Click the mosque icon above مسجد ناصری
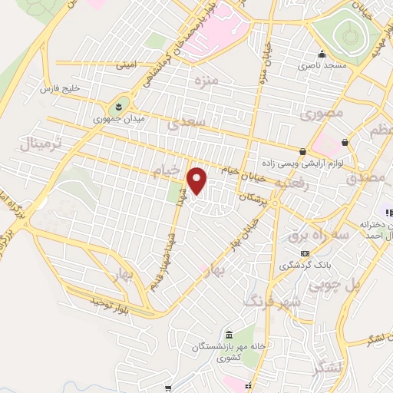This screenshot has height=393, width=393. pos(322,55)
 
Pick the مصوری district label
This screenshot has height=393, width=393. pos(320,115)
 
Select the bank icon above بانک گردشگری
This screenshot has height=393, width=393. pos(305,253)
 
